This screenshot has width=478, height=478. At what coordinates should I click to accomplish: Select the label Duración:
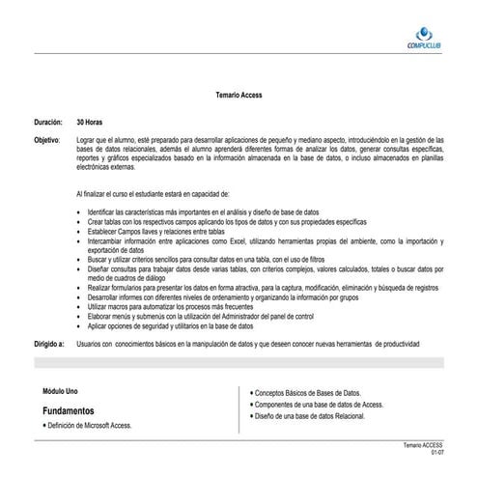(46, 124)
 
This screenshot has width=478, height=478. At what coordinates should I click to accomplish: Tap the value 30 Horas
(89, 124)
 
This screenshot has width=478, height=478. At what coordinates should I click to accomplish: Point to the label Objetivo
(45, 141)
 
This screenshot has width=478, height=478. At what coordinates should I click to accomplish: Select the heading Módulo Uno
(62, 391)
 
